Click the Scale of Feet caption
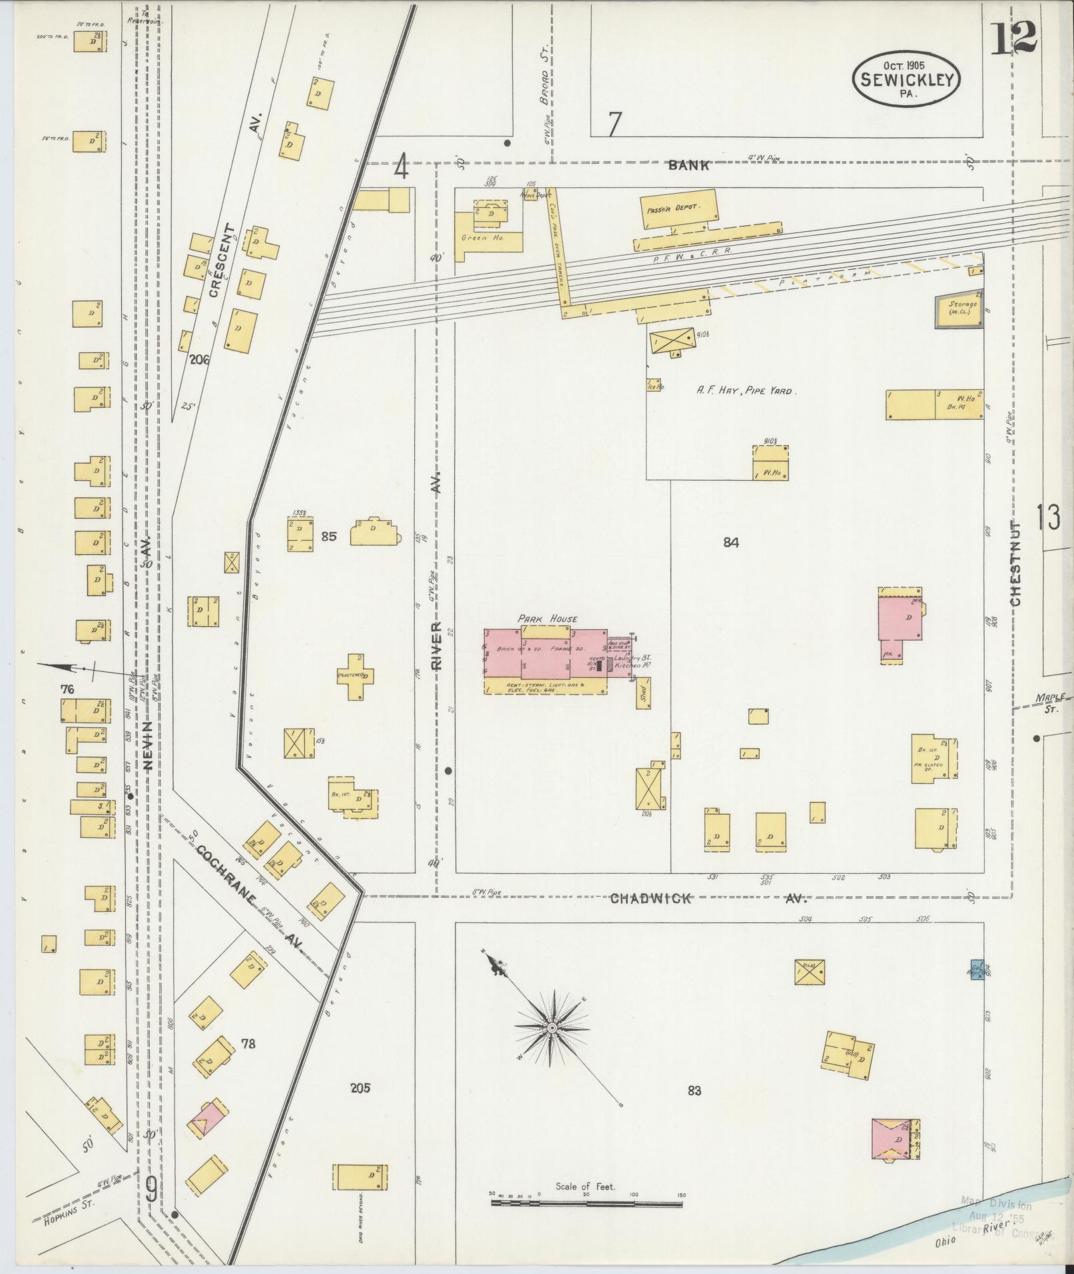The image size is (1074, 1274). coord(585,1186)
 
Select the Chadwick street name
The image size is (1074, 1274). coord(651,899)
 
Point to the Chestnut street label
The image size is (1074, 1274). coord(1015,563)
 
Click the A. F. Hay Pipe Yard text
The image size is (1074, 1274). coord(744,391)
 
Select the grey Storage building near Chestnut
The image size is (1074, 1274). coord(961,311)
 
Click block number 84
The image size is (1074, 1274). coord(731,542)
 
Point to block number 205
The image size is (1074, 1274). coord(360,1088)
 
